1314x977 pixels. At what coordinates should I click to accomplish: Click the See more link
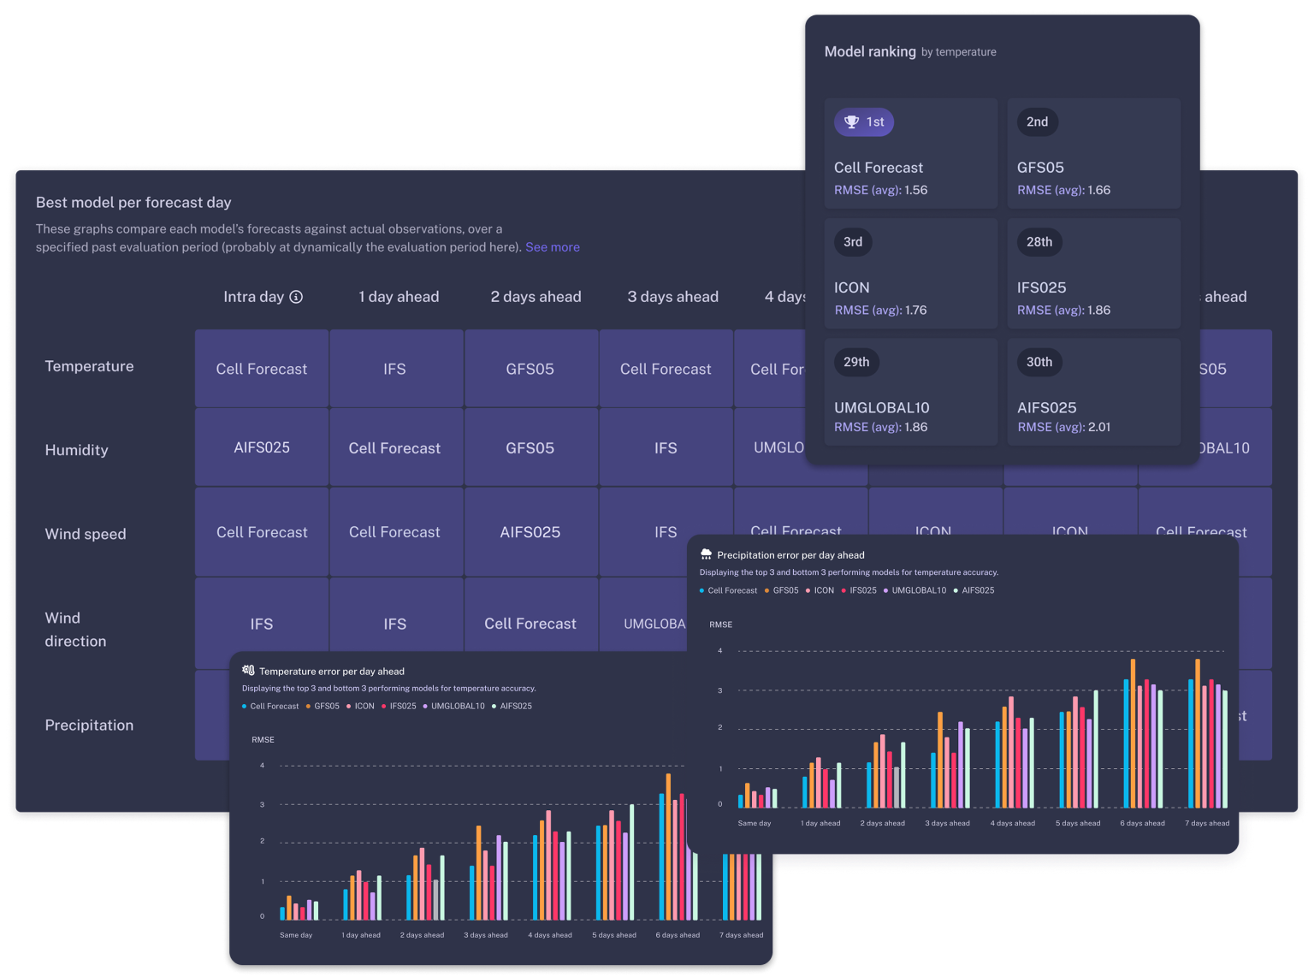pyautogui.click(x=552, y=247)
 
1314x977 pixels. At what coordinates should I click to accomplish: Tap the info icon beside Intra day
pyautogui.click(x=296, y=297)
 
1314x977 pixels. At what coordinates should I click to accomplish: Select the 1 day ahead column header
pyautogui.click(x=399, y=297)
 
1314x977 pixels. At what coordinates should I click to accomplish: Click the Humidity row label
pyautogui.click(x=76, y=450)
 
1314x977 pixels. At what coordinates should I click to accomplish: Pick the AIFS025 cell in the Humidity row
pyautogui.click(x=262, y=447)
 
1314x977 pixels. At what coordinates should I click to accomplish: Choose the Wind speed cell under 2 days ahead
pyautogui.click(x=530, y=532)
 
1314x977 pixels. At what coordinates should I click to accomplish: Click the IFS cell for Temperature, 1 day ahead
pyautogui.click(x=394, y=369)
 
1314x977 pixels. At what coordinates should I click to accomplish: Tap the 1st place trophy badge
pyautogui.click(x=864, y=122)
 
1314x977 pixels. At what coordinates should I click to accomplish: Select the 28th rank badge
pyautogui.click(x=1039, y=242)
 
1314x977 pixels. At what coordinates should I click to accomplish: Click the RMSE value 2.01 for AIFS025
pyautogui.click(x=1099, y=427)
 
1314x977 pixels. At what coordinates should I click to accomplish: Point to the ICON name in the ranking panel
pyautogui.click(x=851, y=288)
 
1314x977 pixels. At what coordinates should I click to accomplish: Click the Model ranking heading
pyautogui.click(x=870, y=51)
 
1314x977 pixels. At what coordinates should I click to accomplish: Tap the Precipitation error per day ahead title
pyautogui.click(x=790, y=555)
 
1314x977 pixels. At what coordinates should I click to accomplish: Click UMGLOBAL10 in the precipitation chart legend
pyautogui.click(x=918, y=590)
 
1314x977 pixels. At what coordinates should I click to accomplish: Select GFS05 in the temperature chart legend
pyautogui.click(x=326, y=707)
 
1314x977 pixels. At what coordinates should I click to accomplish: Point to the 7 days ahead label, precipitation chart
pyautogui.click(x=1206, y=823)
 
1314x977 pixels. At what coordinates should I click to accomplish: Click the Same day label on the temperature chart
pyautogui.click(x=296, y=935)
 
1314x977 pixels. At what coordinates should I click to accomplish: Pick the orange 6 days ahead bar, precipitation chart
pyautogui.click(x=1133, y=733)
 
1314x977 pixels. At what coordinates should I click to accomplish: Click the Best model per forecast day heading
pyautogui.click(x=133, y=203)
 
